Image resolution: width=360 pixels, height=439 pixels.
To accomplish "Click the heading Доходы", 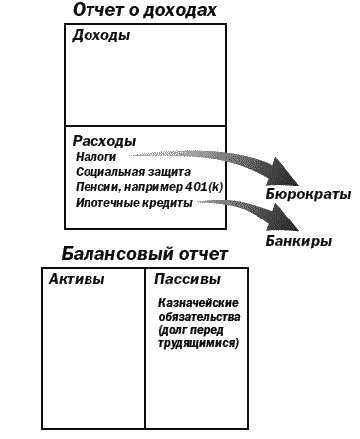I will click(101, 37).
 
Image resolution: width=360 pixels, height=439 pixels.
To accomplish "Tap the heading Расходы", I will click(105, 141).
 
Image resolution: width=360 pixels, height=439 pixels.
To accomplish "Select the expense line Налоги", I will click(96, 157).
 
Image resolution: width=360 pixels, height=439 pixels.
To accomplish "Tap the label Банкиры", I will click(299, 242).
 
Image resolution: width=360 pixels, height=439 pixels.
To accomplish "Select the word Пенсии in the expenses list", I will click(95, 187).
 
